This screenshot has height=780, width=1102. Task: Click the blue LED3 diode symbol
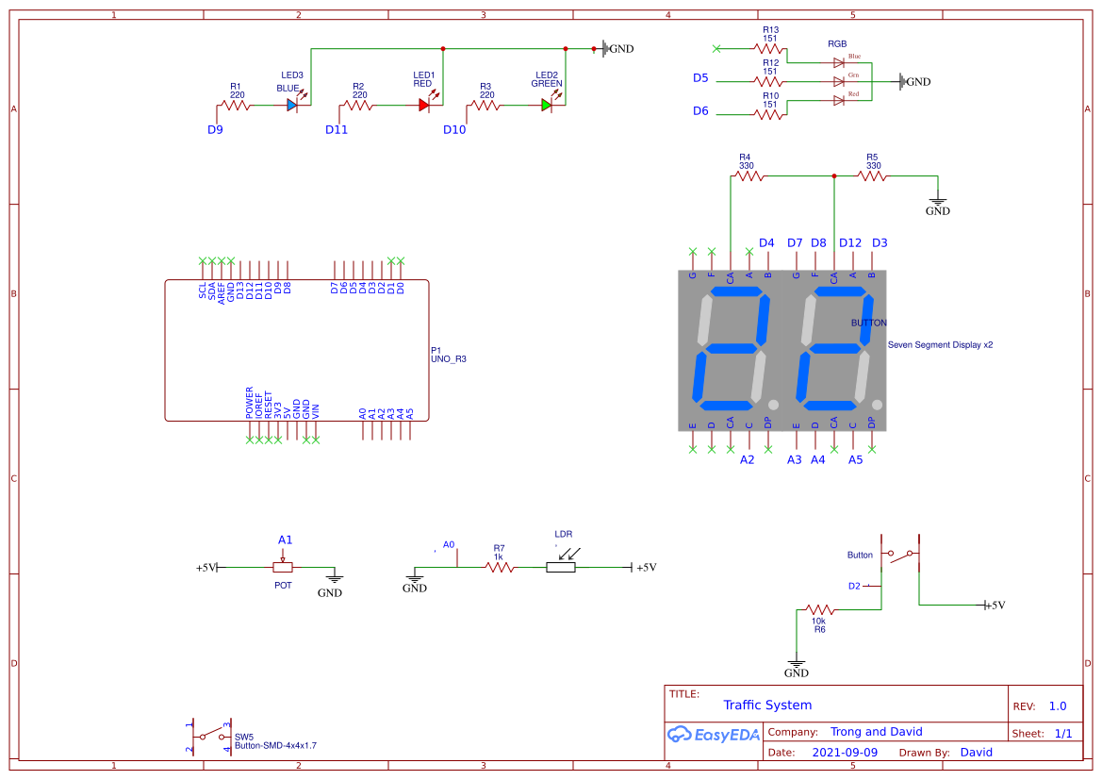point(292,106)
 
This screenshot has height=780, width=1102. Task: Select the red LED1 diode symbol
point(424,106)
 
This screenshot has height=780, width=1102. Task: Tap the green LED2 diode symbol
point(547,106)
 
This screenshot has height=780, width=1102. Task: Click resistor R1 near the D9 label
point(236,106)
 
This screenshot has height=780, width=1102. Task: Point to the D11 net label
point(337,130)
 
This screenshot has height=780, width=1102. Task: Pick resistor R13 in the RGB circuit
point(770,48)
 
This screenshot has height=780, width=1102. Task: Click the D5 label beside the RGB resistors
point(700,78)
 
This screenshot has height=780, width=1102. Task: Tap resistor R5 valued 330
point(872,175)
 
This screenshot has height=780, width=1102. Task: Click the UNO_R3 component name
point(449,359)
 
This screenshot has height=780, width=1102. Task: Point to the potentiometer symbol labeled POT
point(283,567)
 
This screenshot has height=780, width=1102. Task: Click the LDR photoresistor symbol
point(561,567)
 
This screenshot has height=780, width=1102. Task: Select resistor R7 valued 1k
point(499,567)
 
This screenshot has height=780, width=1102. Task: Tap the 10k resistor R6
point(818,609)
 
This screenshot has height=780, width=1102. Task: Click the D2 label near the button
point(854,586)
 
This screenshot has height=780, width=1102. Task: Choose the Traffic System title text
point(767,705)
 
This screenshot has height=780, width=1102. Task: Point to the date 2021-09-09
point(845,753)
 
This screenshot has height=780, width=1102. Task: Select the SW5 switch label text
point(244,737)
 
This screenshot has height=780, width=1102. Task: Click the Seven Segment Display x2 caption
point(940,345)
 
